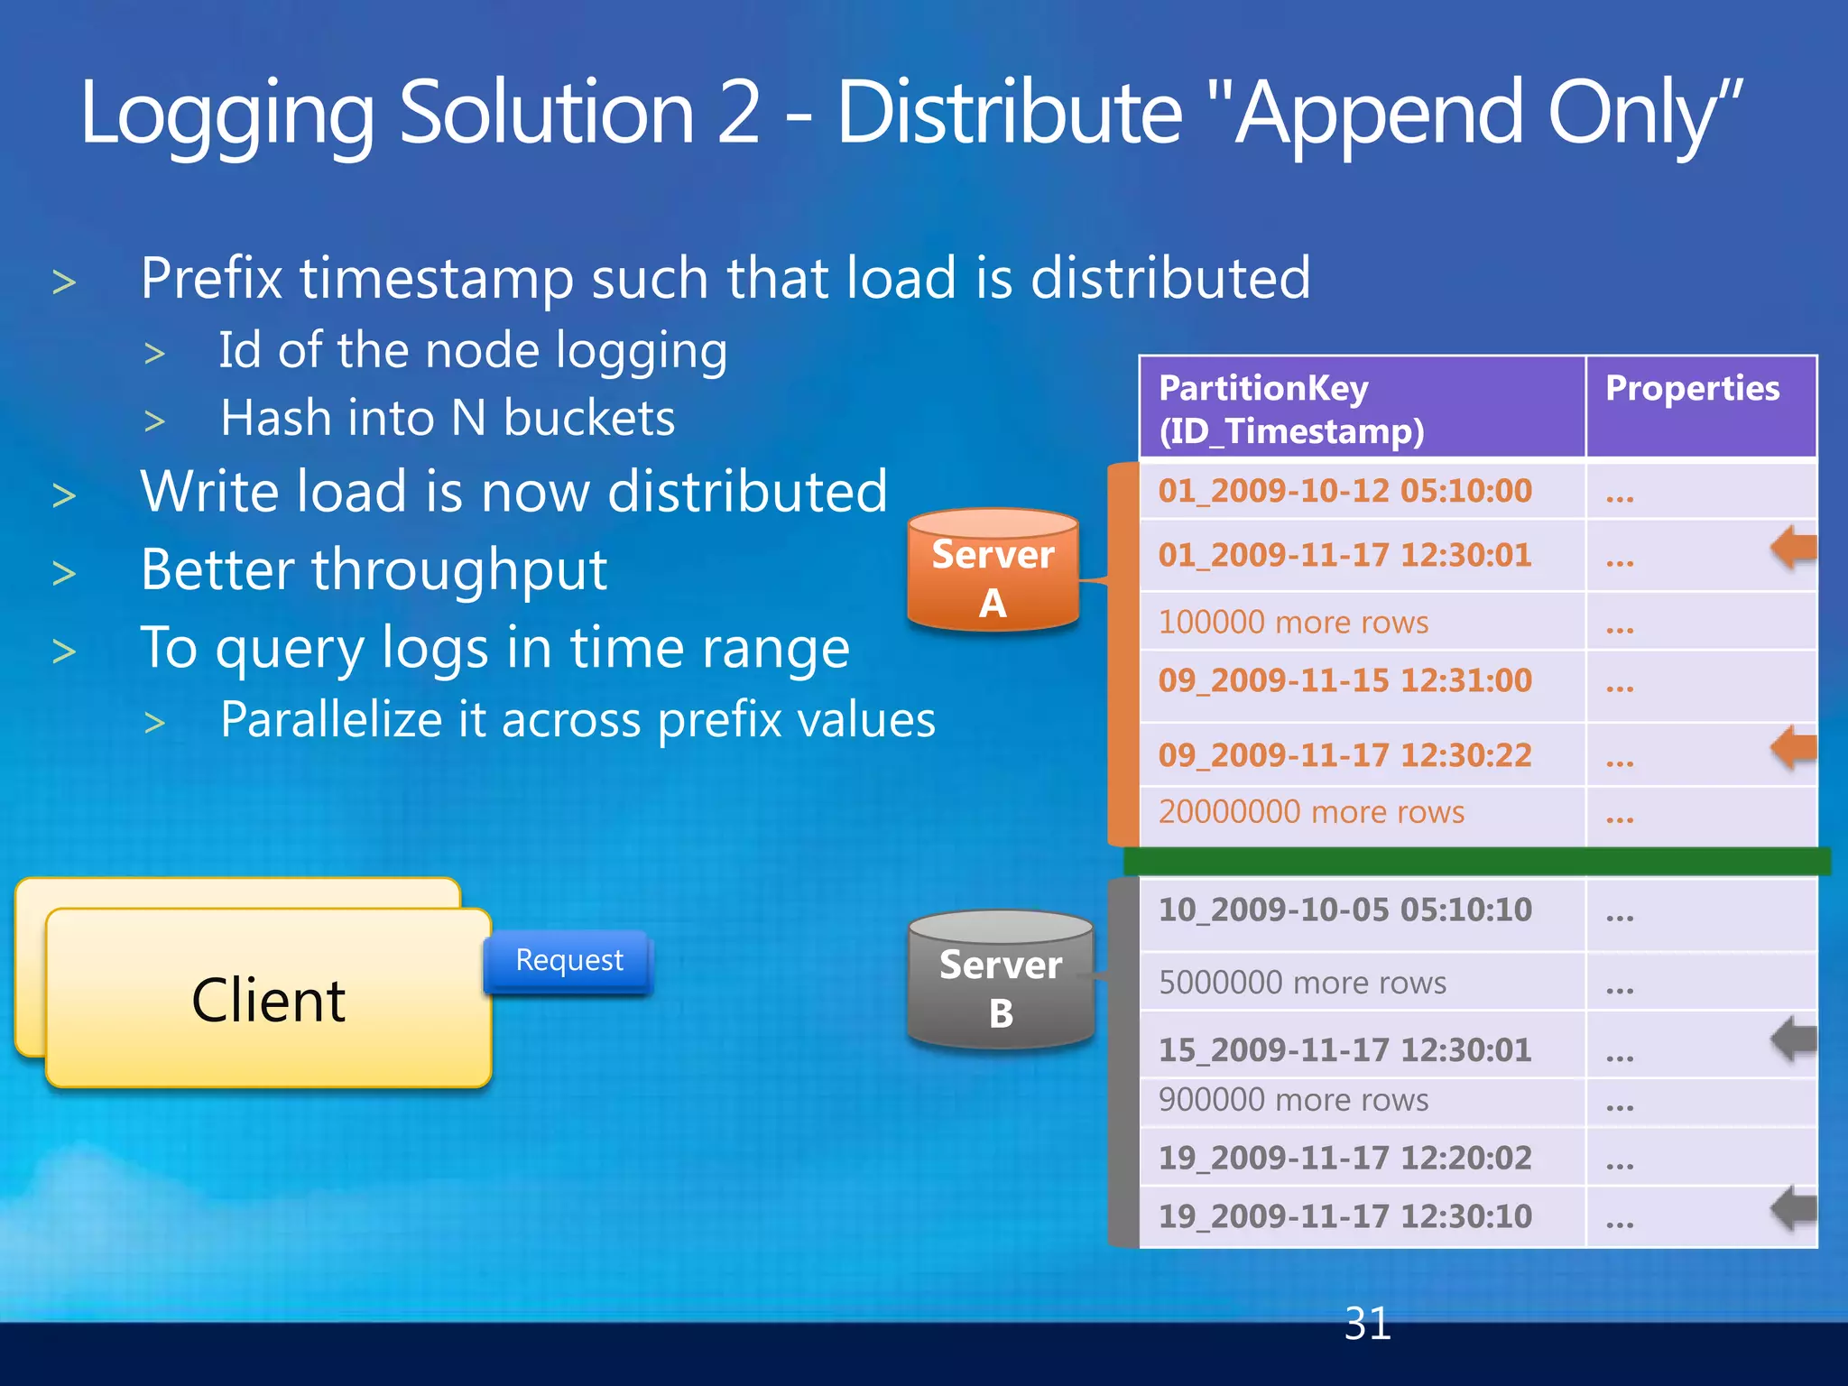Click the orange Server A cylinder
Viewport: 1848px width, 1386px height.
click(x=993, y=570)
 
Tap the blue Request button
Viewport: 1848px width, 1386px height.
click(x=568, y=961)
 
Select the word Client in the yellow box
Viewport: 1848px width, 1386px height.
click(x=268, y=1001)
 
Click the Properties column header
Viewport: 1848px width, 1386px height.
click(x=1692, y=389)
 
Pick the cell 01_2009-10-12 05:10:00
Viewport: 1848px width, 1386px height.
click(x=1344, y=491)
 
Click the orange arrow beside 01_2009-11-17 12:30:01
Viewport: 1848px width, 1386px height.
click(x=1793, y=549)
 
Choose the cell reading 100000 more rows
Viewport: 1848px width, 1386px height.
click(x=1293, y=623)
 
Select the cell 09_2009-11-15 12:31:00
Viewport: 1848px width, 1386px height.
click(x=1344, y=680)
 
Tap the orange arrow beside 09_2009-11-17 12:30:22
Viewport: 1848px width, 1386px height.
click(x=1793, y=747)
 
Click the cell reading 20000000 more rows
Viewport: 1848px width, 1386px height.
click(x=1311, y=812)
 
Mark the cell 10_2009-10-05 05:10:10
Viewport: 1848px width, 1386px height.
click(x=1344, y=910)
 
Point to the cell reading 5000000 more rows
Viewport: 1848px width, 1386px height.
click(x=1302, y=983)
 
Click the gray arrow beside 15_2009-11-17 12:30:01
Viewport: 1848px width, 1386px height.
click(x=1793, y=1039)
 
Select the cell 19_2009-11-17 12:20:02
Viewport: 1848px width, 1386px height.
click(x=1344, y=1158)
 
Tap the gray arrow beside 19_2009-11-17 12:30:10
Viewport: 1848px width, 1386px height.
click(x=1793, y=1208)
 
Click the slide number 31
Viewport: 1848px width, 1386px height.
click(x=1367, y=1325)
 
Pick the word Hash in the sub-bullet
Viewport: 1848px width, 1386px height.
click(x=274, y=419)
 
